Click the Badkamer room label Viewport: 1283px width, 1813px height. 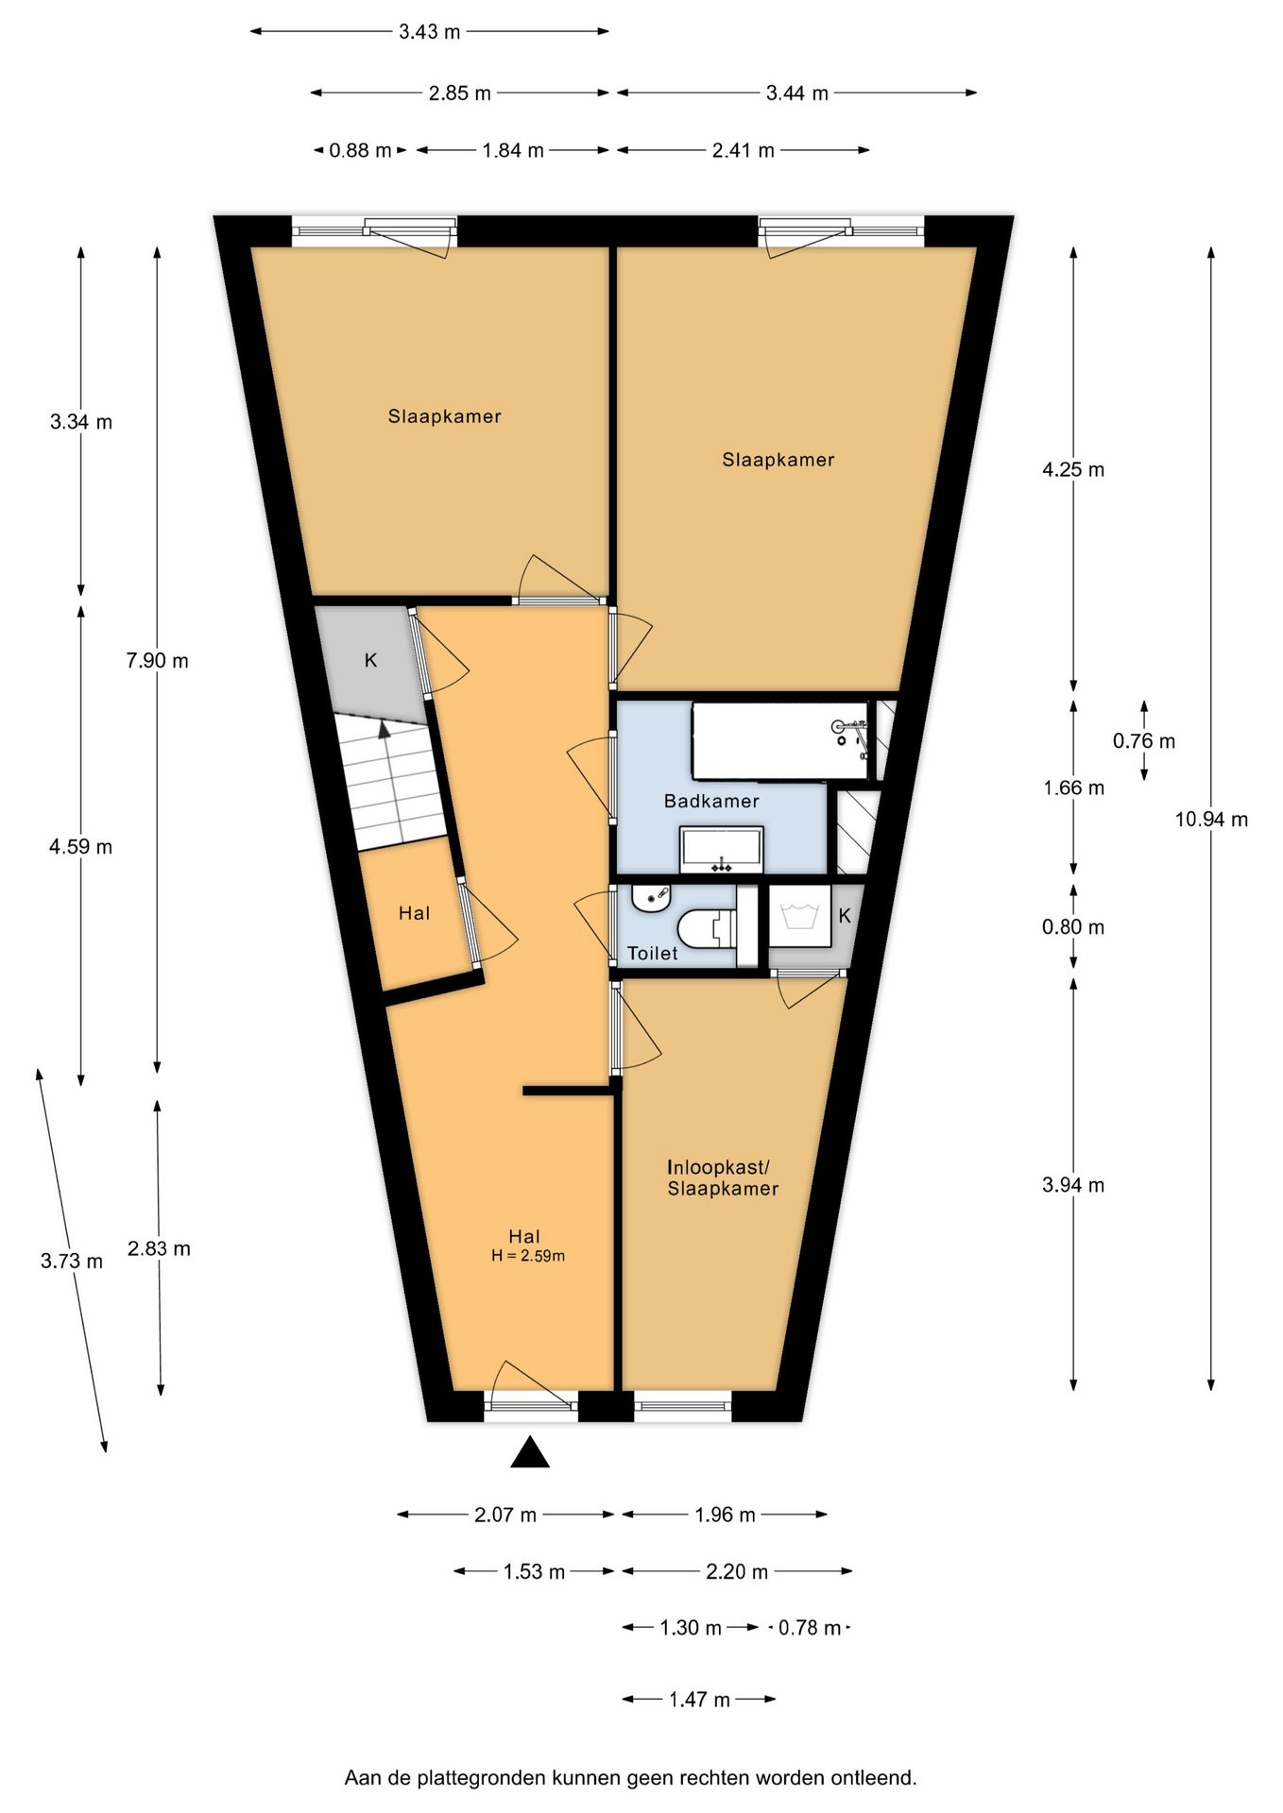click(x=711, y=801)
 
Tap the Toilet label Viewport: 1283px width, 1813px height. click(x=653, y=953)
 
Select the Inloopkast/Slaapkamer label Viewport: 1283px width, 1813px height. click(x=723, y=1178)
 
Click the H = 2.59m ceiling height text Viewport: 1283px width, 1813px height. click(x=528, y=1256)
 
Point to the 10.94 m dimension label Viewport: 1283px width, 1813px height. click(x=1211, y=820)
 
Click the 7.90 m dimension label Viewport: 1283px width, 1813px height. click(x=158, y=661)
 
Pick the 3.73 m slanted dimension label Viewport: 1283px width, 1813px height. click(x=72, y=1261)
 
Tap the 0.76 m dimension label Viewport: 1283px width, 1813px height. click(x=1144, y=741)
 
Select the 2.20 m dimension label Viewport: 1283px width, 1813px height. click(x=737, y=1571)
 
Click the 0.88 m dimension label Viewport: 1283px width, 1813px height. click(x=360, y=150)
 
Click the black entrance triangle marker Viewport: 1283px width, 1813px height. click(x=530, y=1452)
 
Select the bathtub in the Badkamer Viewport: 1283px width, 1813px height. click(x=780, y=740)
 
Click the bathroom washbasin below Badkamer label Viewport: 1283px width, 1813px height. click(x=722, y=850)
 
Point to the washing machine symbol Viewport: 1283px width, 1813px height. click(x=799, y=915)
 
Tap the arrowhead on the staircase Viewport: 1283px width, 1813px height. click(x=384, y=729)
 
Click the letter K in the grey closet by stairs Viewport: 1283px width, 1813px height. click(x=371, y=661)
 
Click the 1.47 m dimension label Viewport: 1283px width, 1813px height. click(x=699, y=1700)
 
